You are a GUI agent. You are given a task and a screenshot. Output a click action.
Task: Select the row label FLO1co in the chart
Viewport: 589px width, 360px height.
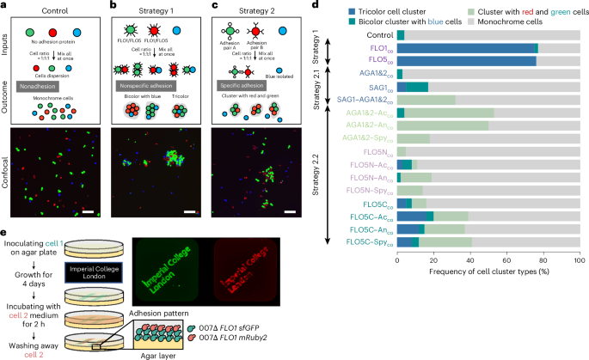pyautogui.click(x=377, y=48)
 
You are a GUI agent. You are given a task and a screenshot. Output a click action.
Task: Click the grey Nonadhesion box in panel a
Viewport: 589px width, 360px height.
pyautogui.click(x=55, y=89)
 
